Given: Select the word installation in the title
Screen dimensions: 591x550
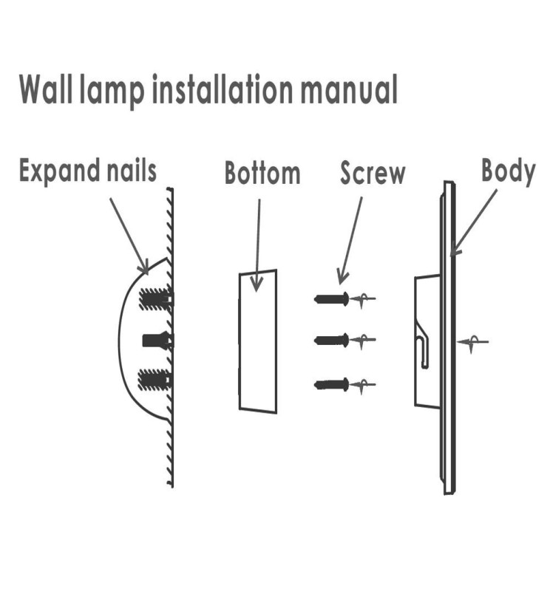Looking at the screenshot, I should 228,90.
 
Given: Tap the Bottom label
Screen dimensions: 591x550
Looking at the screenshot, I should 262,174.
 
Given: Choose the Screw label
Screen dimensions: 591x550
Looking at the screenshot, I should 373,174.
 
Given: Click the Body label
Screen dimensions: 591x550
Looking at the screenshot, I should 508,171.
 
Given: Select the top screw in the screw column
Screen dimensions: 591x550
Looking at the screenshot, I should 332,298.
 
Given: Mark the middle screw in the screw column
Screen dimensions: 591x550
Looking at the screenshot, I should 332,340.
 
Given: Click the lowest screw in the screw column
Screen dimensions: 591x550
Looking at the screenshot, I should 332,384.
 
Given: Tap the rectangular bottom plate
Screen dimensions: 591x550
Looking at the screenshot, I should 257,340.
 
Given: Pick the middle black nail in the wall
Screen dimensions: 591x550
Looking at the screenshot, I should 157,341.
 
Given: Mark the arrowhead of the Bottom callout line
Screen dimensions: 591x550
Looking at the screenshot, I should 257,284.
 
